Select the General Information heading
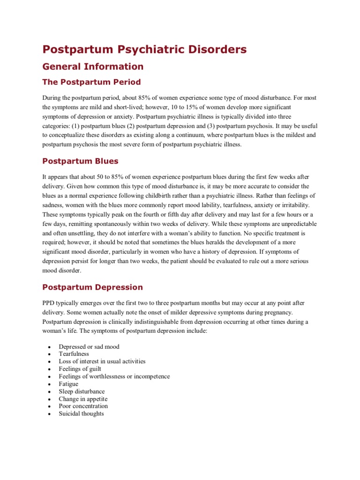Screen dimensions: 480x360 point(93,67)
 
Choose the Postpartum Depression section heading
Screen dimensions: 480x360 point(92,287)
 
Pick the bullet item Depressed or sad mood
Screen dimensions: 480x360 point(89,347)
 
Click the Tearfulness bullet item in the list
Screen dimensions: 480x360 point(74,354)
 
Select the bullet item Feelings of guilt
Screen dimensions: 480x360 point(80,369)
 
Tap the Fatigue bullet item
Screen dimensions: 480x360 point(68,384)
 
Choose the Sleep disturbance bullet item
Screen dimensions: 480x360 point(82,391)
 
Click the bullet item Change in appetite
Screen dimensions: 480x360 point(83,399)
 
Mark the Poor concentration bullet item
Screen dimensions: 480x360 point(83,406)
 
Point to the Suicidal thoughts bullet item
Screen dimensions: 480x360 point(81,414)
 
